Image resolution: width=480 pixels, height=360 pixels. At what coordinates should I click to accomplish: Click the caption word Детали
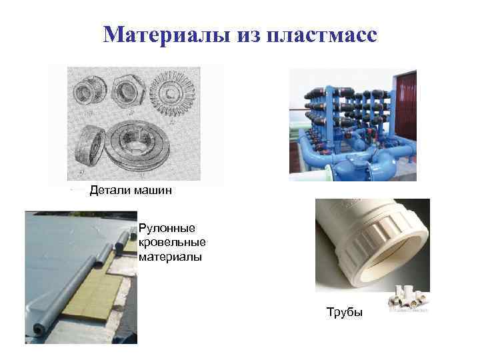(x=111, y=191)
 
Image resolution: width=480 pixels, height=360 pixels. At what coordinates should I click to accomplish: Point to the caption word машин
(x=153, y=191)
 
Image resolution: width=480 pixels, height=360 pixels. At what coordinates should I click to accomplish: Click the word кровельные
(x=173, y=243)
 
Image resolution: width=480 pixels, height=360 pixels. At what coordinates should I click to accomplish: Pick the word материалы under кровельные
(x=170, y=257)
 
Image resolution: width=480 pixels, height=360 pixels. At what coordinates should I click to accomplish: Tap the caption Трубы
(x=345, y=312)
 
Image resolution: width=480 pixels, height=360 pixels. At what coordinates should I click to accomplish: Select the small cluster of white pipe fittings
(x=407, y=301)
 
